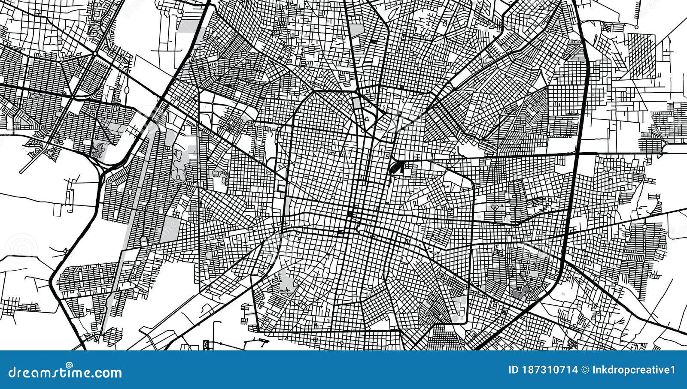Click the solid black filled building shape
tap(396, 167)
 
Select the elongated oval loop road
tap(127, 90)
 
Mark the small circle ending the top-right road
tap(636, 27)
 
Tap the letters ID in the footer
tap(513, 370)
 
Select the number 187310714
tap(549, 370)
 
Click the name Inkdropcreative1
tap(633, 370)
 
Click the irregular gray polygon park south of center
tap(286, 283)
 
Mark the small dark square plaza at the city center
tap(350, 214)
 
